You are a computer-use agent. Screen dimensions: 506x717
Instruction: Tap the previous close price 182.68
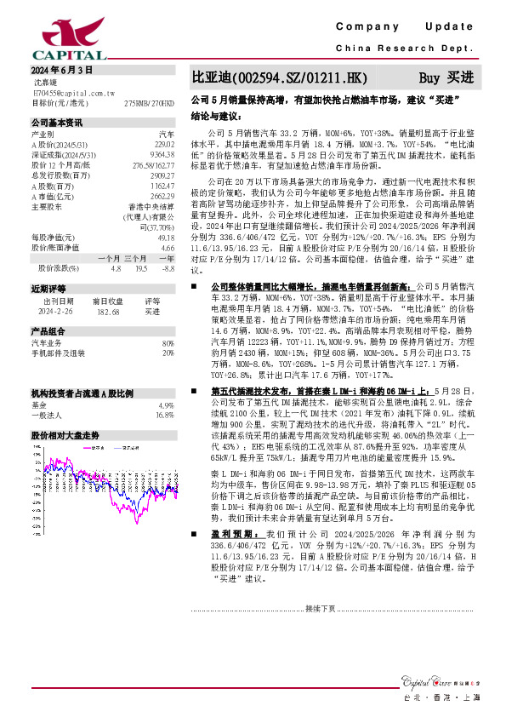pos(105,313)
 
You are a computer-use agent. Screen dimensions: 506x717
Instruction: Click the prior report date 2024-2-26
pos(58,313)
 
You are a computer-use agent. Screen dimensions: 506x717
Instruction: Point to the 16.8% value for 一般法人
pos(165,391)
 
